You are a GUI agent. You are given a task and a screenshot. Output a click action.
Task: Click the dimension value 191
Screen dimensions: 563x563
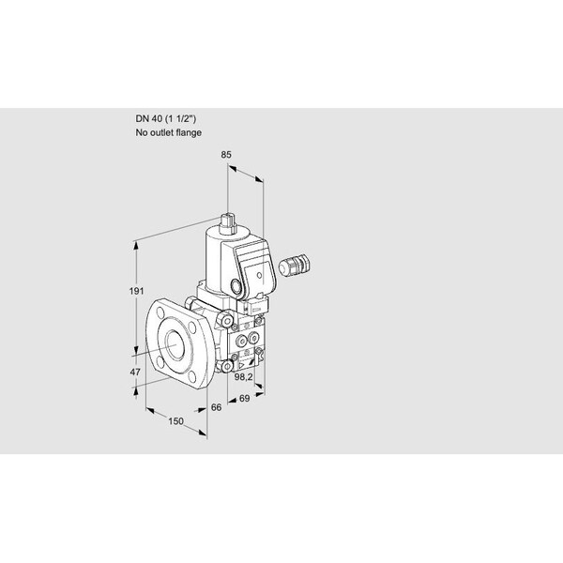click(x=136, y=291)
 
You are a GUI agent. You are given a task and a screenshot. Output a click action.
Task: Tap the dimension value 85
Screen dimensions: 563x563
click(x=226, y=155)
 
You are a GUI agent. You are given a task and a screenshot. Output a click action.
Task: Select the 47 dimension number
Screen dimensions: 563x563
click(x=135, y=372)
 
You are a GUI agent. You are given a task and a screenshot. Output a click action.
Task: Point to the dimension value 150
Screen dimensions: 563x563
click(x=176, y=421)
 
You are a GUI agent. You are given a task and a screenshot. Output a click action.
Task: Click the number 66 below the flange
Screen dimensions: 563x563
click(x=216, y=407)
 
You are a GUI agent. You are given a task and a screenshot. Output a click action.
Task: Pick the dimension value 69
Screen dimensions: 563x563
click(x=244, y=398)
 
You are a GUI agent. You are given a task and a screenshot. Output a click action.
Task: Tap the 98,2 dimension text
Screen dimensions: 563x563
click(x=243, y=377)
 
